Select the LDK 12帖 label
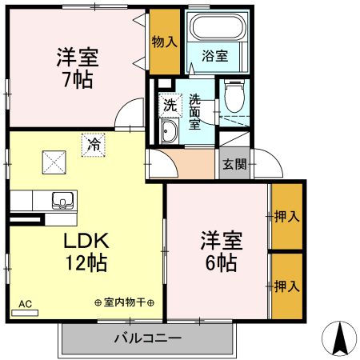(x=84, y=251)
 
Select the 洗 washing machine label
(x=170, y=103)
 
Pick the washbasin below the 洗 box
(x=170, y=132)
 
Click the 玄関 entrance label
(x=234, y=165)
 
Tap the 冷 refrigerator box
(x=94, y=145)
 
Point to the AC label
(x=26, y=304)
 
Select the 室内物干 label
(x=124, y=303)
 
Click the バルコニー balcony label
(x=147, y=339)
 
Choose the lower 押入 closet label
(x=286, y=285)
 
